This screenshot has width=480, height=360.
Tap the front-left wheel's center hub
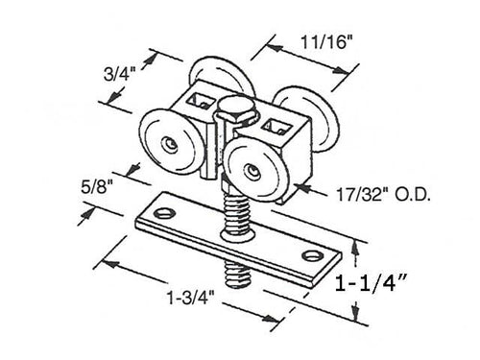coord(169,144)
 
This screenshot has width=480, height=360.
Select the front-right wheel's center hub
coord(252,172)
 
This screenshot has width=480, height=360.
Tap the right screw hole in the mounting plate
coord(312,255)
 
